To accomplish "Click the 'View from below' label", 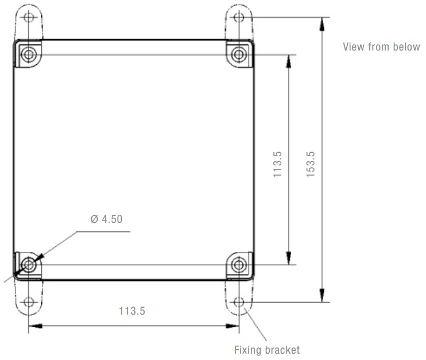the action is point(381,47).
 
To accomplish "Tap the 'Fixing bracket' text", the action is point(267,350).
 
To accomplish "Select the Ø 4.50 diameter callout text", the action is point(107,219).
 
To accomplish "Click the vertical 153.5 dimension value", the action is point(311,164).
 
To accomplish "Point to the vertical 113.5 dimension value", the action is point(277,164).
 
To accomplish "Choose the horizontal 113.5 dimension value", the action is point(132,311).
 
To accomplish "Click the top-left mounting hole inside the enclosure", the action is point(29,54).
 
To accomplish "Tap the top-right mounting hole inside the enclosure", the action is point(239,55).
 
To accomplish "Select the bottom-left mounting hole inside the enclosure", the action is point(29,264).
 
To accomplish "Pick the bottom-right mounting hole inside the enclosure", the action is point(239,264).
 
